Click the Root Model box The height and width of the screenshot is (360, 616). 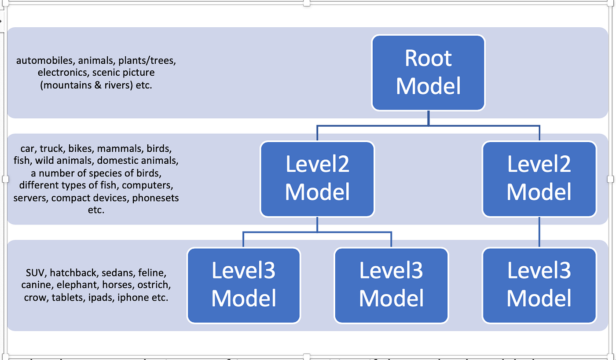coord(428,73)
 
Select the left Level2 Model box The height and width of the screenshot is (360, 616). coord(317,179)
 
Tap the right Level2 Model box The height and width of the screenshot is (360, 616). coord(539,179)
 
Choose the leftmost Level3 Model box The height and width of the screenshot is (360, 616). coord(243,285)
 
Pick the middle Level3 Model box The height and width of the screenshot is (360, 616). coord(391,285)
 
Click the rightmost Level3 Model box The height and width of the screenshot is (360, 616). coord(539,285)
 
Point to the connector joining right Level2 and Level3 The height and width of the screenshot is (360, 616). coord(539,232)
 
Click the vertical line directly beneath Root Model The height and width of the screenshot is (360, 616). coord(428,118)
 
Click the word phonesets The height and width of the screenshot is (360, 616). coord(155,198)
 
